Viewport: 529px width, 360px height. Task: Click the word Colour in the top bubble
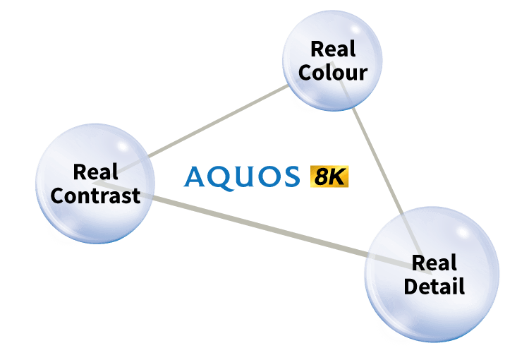tap(333, 73)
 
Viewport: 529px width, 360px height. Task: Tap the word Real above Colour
tap(333, 49)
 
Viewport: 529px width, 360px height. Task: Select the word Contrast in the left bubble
tap(95, 196)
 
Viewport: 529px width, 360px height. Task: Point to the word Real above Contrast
tap(95, 172)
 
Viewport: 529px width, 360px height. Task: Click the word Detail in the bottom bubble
tap(434, 286)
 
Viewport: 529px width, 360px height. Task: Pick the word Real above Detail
tap(434, 263)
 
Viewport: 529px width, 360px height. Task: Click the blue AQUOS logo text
tap(241, 177)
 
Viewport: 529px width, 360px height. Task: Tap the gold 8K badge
tap(329, 176)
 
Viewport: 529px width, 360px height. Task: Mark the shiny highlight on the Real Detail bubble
tap(463, 232)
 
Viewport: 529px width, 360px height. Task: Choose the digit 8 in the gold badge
tap(320, 176)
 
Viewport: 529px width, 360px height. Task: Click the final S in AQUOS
tap(292, 176)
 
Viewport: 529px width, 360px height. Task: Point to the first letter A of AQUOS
tap(194, 176)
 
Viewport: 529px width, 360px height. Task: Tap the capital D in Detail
tap(412, 286)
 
